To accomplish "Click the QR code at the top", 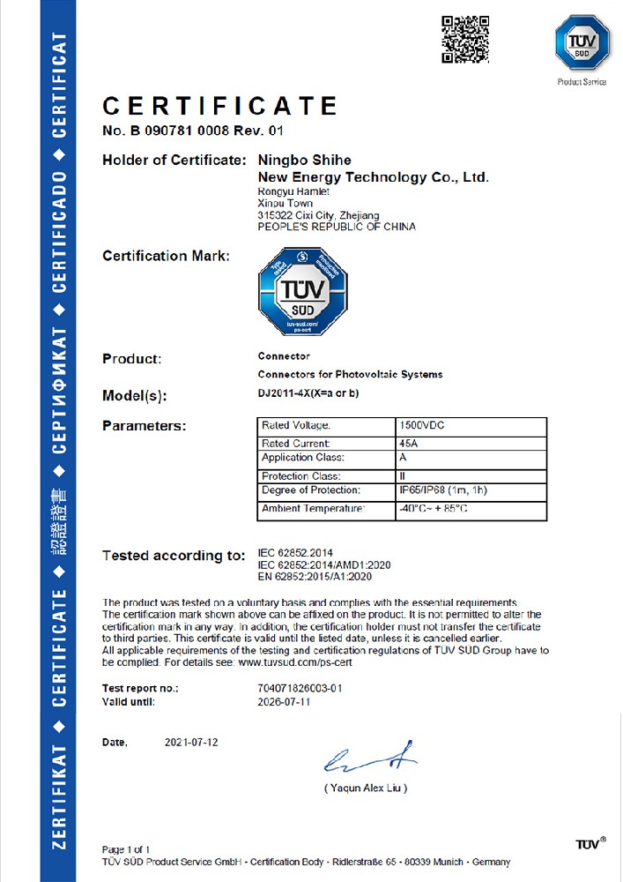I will coord(464,39).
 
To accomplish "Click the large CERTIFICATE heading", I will coord(220,107).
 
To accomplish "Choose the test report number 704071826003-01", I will coord(300,687).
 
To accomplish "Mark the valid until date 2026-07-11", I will coord(283,703).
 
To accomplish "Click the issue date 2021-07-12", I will coord(191,743).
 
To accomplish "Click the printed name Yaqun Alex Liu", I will coord(366,788).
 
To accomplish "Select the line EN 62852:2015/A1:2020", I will coord(315,577).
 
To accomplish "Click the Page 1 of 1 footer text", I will coord(126,849).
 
